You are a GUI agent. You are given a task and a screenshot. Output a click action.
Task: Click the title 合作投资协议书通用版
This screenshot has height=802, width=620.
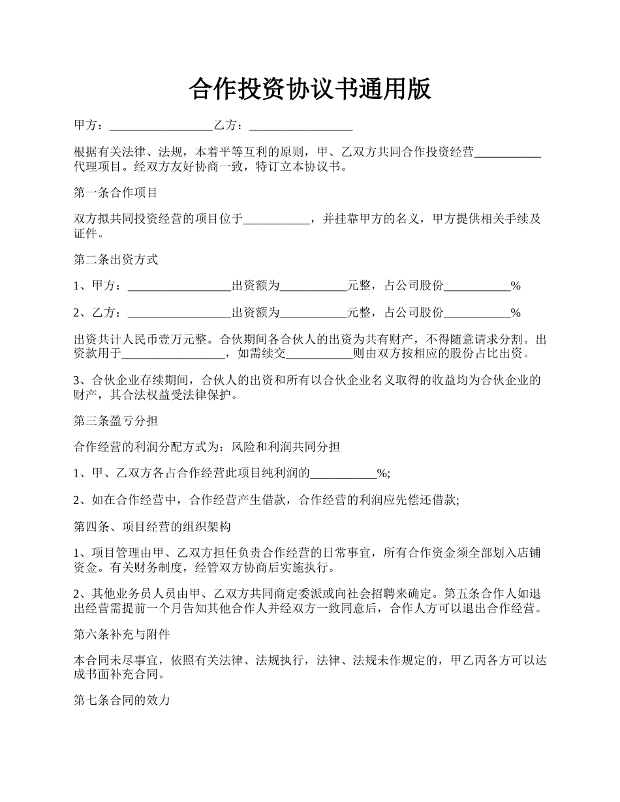point(310,89)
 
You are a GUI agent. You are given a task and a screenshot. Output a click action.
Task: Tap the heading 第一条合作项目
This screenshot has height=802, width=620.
point(116,192)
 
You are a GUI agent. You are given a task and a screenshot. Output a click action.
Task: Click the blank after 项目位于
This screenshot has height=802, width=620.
point(277,219)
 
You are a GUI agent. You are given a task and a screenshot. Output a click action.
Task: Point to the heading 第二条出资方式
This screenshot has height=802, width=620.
point(116,259)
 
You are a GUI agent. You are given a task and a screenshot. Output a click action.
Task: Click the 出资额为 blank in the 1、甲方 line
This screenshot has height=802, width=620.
point(313,286)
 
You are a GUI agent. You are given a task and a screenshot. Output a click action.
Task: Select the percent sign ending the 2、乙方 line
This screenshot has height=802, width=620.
point(516,313)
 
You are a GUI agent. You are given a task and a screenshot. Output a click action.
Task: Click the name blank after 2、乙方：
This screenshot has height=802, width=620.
point(179,313)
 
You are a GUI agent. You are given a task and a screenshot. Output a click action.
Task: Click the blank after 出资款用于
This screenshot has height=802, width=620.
point(174,354)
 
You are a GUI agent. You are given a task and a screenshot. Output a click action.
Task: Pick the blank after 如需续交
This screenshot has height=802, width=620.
point(319,354)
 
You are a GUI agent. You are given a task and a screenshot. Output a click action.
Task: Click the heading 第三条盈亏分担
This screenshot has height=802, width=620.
point(116,421)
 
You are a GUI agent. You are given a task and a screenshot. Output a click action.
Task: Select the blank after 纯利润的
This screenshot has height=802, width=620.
point(343,474)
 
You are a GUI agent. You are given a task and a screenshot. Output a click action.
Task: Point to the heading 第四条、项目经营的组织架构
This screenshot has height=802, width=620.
point(152,526)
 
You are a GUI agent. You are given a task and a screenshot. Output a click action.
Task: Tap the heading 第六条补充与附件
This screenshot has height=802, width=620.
point(122,634)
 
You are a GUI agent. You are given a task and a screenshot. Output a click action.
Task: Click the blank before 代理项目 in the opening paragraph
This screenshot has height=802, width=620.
point(508,153)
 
